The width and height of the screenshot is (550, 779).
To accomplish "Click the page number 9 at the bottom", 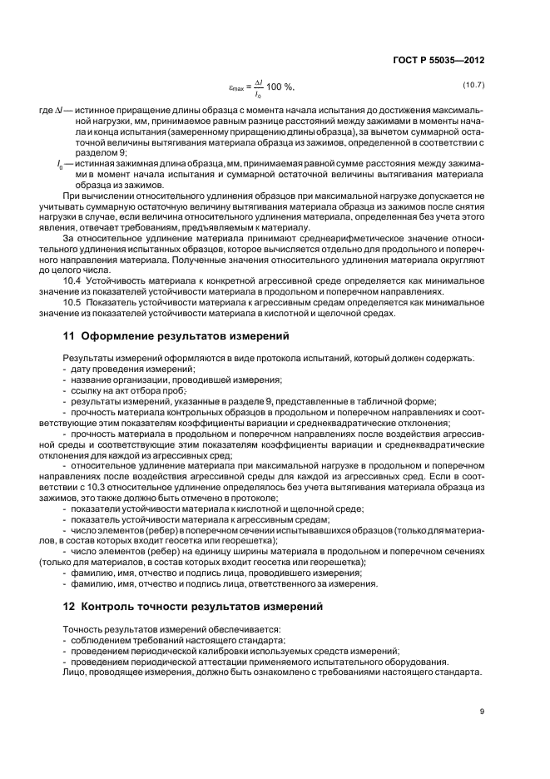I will [x=482, y=711].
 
